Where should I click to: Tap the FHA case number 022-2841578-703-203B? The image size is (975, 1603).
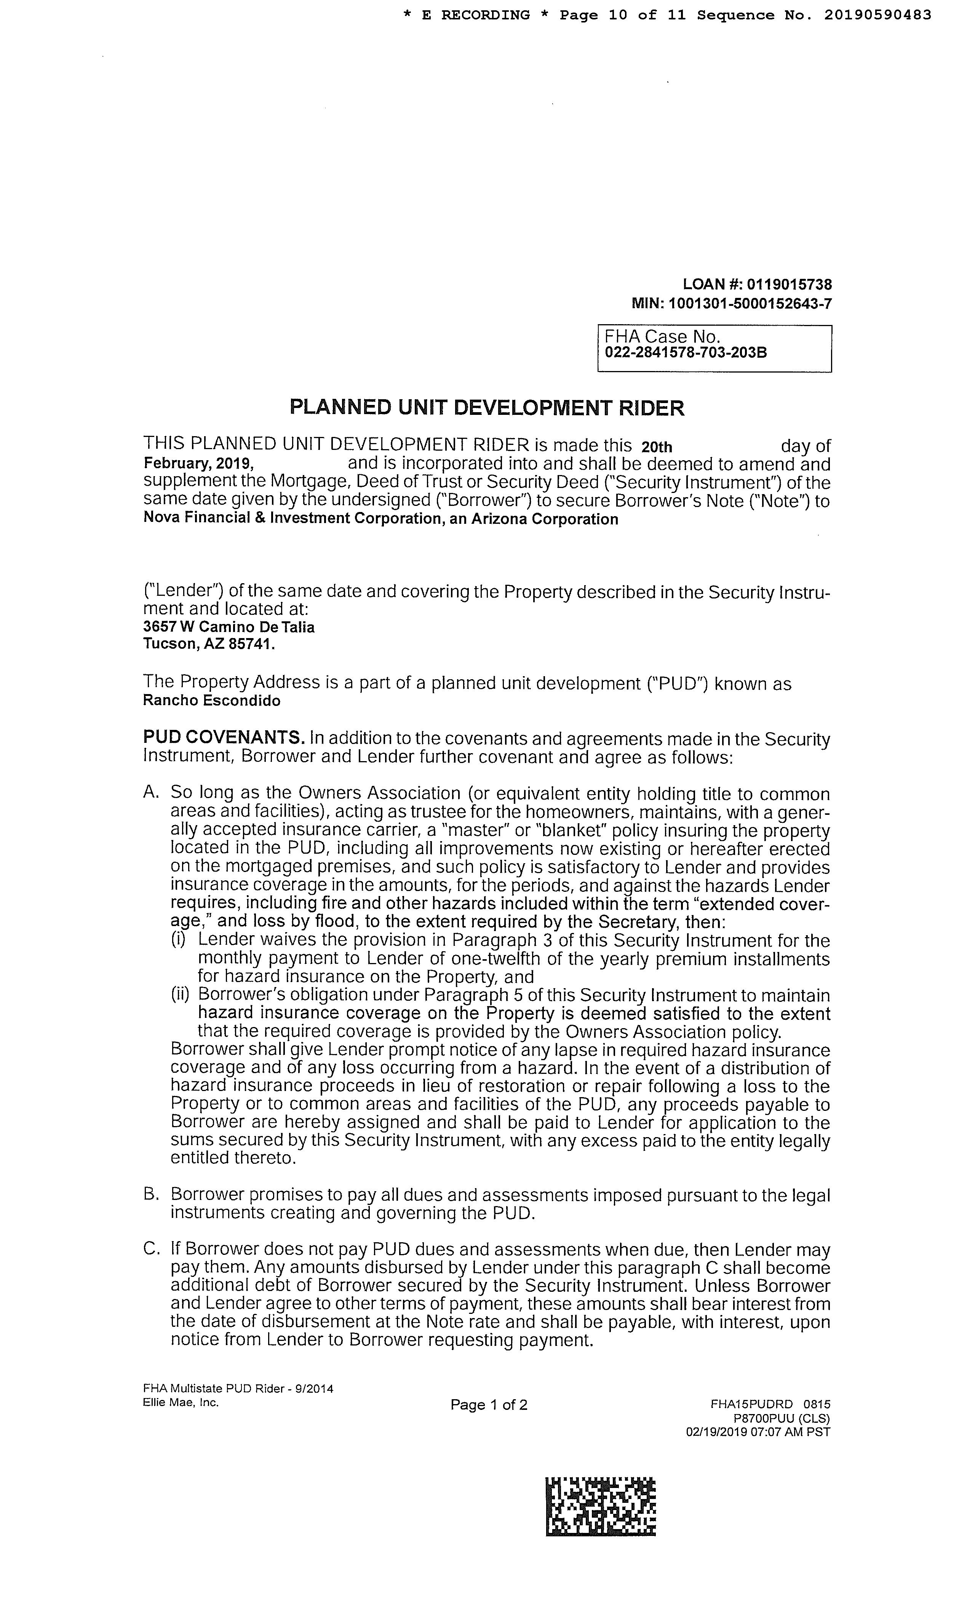point(686,353)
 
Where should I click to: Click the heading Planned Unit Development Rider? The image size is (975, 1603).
point(486,408)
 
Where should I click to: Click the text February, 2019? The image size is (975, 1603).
point(198,464)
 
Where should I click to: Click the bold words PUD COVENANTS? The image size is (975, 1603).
point(224,738)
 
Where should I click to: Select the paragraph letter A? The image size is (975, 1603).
point(151,792)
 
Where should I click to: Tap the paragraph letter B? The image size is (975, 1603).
point(151,1195)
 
